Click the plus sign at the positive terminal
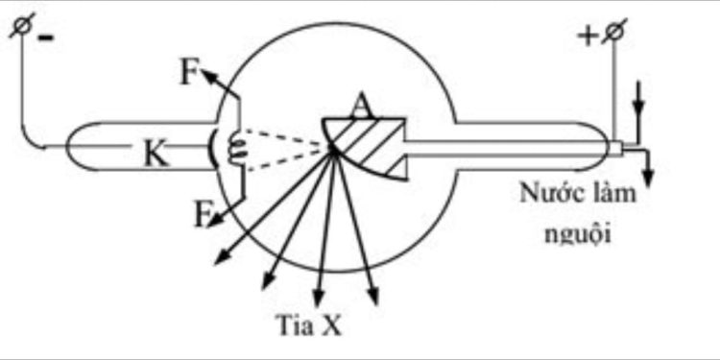click(587, 36)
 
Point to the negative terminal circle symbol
click(19, 29)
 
